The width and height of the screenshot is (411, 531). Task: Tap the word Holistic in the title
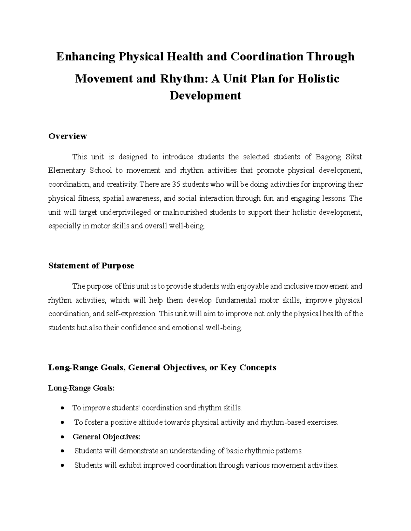(x=318, y=79)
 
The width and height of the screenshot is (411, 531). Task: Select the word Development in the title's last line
(x=206, y=95)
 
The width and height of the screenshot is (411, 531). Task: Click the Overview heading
(x=67, y=136)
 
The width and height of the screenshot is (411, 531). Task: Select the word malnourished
(x=185, y=212)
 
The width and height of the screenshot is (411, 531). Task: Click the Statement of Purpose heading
(x=91, y=266)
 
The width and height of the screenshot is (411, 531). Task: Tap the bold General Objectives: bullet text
(x=107, y=437)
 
